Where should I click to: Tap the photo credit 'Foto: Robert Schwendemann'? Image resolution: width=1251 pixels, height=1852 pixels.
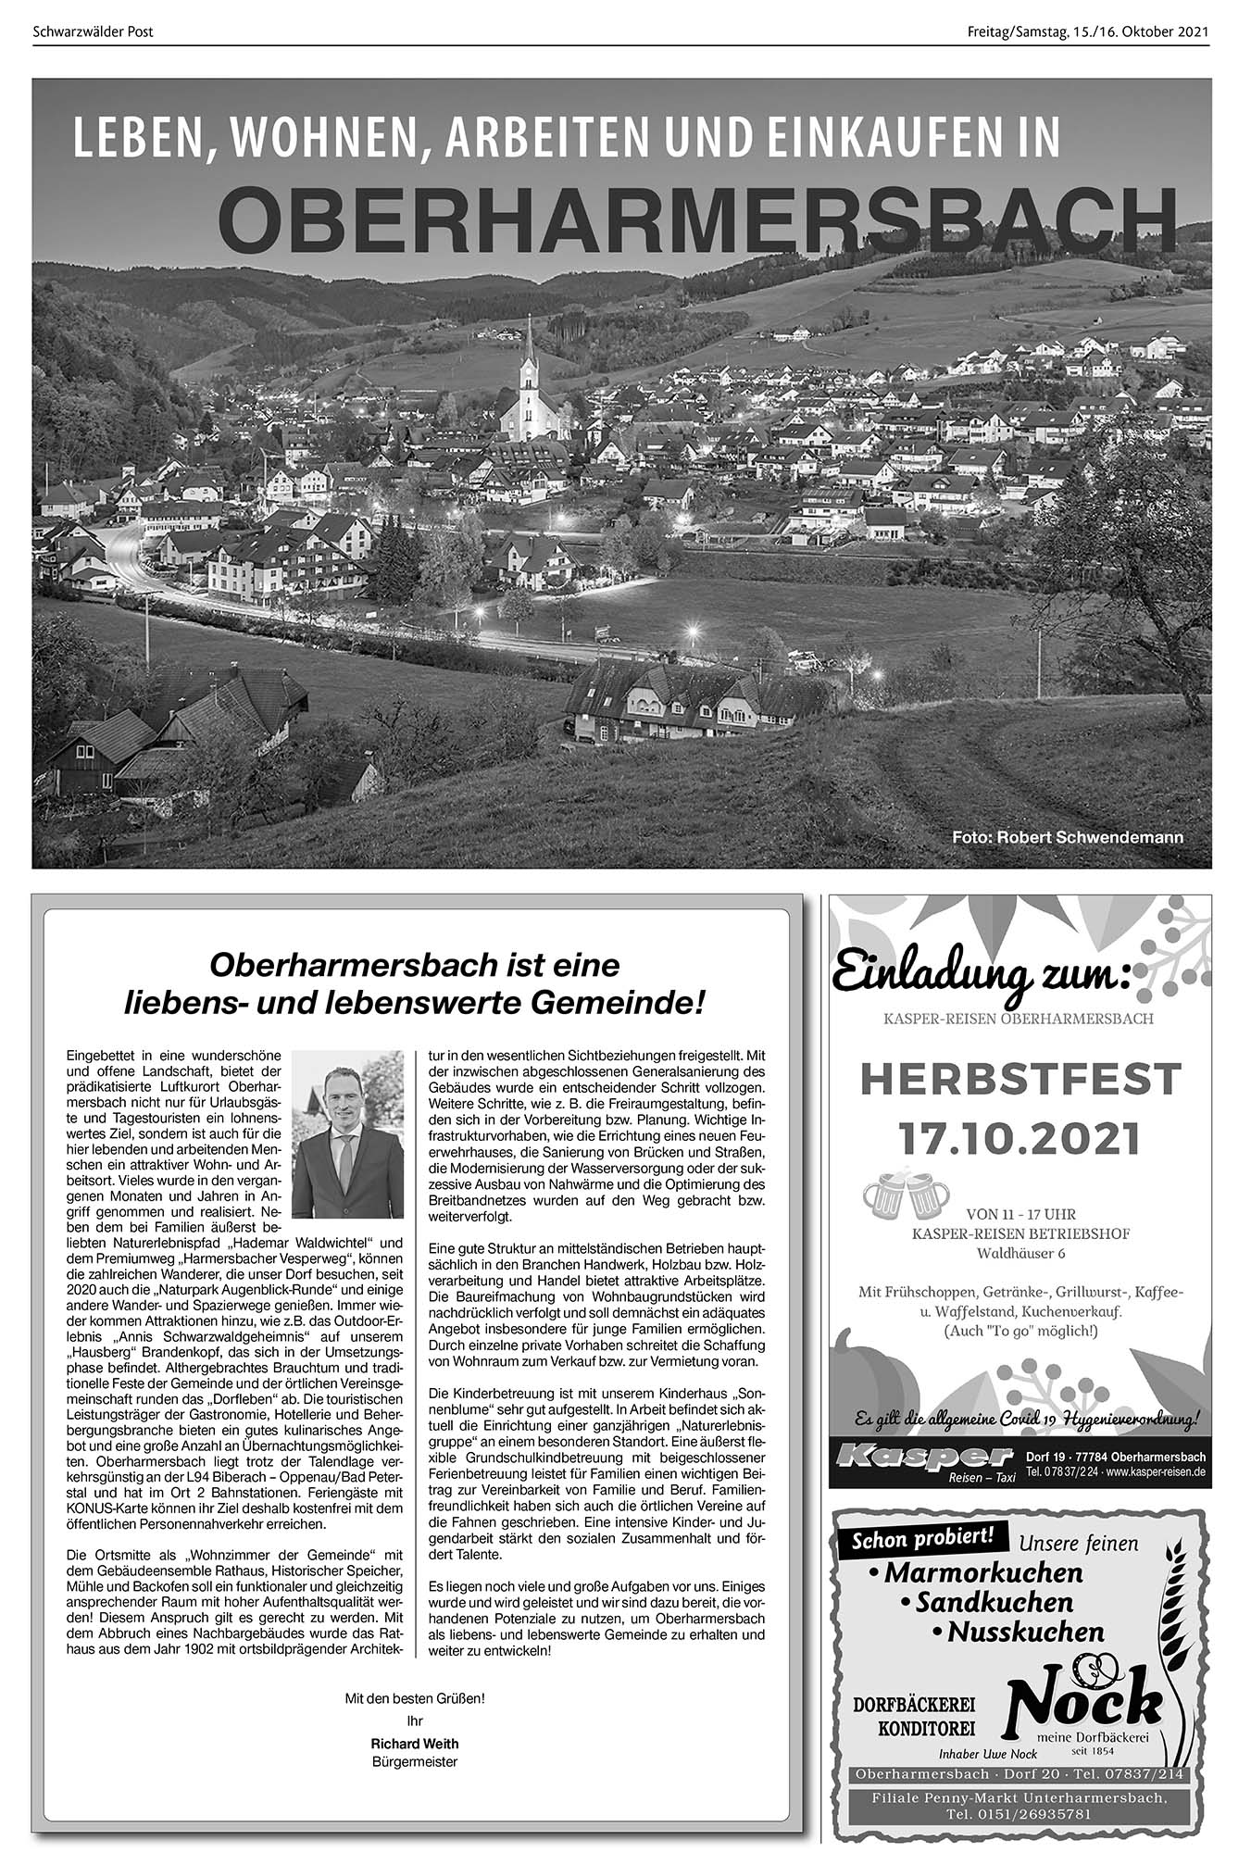[1068, 837]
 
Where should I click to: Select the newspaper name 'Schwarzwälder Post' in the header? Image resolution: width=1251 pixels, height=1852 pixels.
[93, 32]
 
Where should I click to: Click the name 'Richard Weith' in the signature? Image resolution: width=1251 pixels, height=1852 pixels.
[414, 1744]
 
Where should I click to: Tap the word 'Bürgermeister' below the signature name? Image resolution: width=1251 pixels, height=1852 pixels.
[414, 1761]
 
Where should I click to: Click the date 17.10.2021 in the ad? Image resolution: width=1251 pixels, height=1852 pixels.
[1020, 1138]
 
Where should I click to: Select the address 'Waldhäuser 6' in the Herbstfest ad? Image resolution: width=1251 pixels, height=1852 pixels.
[1020, 1253]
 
